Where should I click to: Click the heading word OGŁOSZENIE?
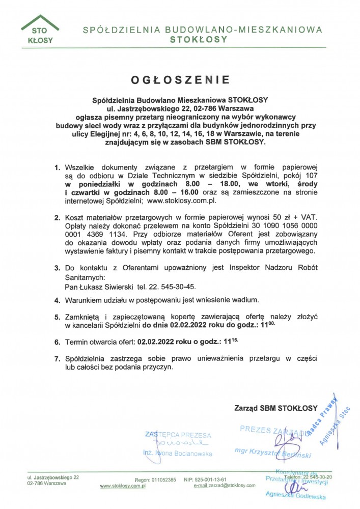(180, 80)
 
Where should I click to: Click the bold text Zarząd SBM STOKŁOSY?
(275, 408)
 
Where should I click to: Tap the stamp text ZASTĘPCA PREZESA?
(178, 435)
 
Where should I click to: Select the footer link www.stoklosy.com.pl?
(123, 486)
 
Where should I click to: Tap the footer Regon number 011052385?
(162, 480)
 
